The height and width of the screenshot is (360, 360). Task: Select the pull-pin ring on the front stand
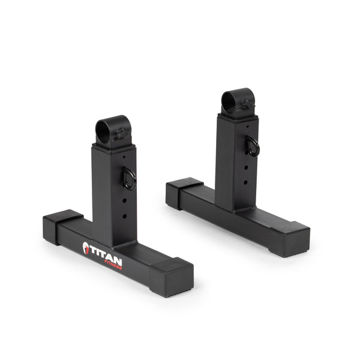[x=129, y=178]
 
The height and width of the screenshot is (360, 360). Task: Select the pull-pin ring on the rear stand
[x=254, y=146]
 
